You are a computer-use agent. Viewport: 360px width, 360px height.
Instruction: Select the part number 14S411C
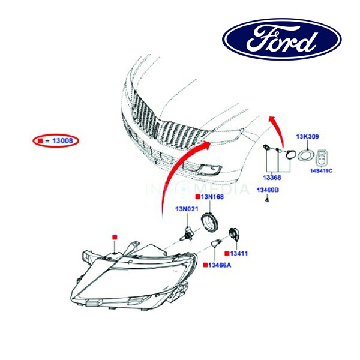point(324,171)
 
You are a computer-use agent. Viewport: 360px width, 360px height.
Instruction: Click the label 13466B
point(267,190)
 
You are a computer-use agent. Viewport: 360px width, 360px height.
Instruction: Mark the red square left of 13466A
point(206,265)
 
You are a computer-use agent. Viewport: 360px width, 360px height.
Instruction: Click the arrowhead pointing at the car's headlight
point(206,144)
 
